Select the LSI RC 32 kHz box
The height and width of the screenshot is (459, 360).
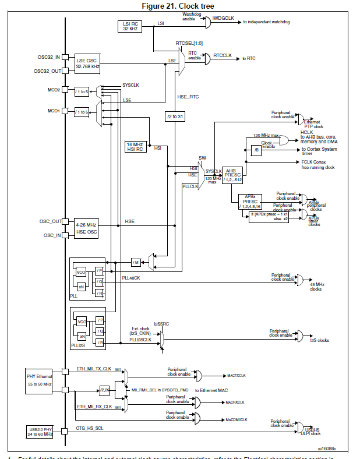tap(130, 26)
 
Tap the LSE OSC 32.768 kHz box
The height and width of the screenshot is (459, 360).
tap(87, 63)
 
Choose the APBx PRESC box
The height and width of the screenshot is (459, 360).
tap(250, 200)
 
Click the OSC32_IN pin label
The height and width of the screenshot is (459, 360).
tap(48, 57)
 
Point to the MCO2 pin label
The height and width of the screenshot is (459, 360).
tap(54, 90)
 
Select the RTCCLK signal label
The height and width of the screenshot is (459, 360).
tap(223, 55)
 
